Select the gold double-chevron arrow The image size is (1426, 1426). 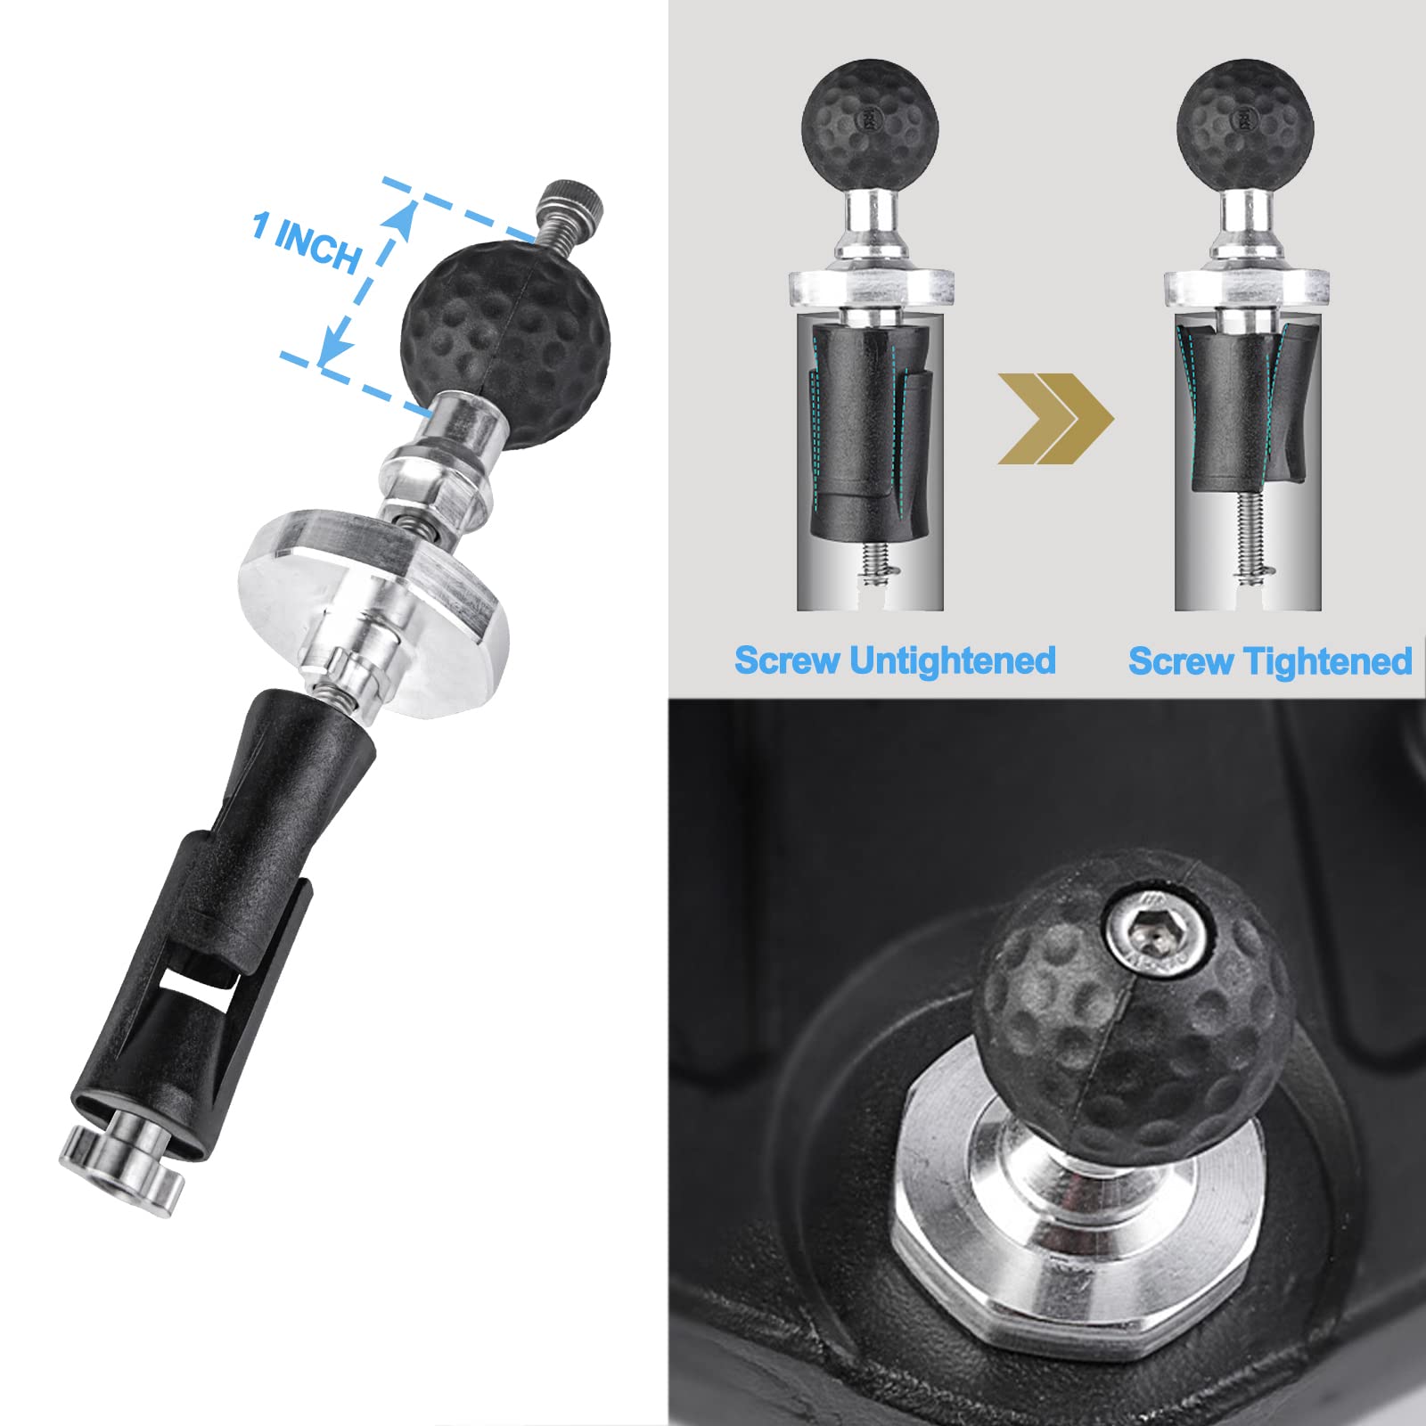[1055, 419]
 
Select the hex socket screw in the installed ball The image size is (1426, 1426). [1158, 934]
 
